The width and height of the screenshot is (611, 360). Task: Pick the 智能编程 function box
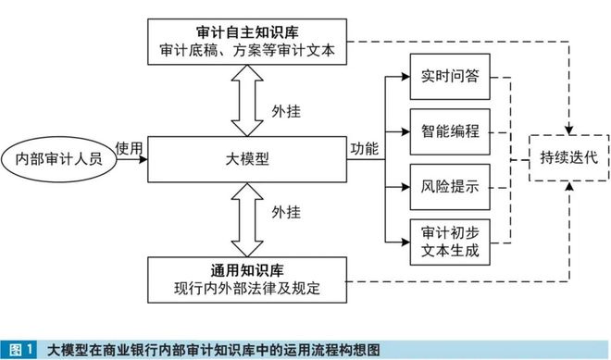pyautogui.click(x=448, y=131)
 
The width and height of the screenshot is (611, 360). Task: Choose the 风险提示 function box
pyautogui.click(x=448, y=187)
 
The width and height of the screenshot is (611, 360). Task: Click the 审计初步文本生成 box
pyautogui.click(x=448, y=239)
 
